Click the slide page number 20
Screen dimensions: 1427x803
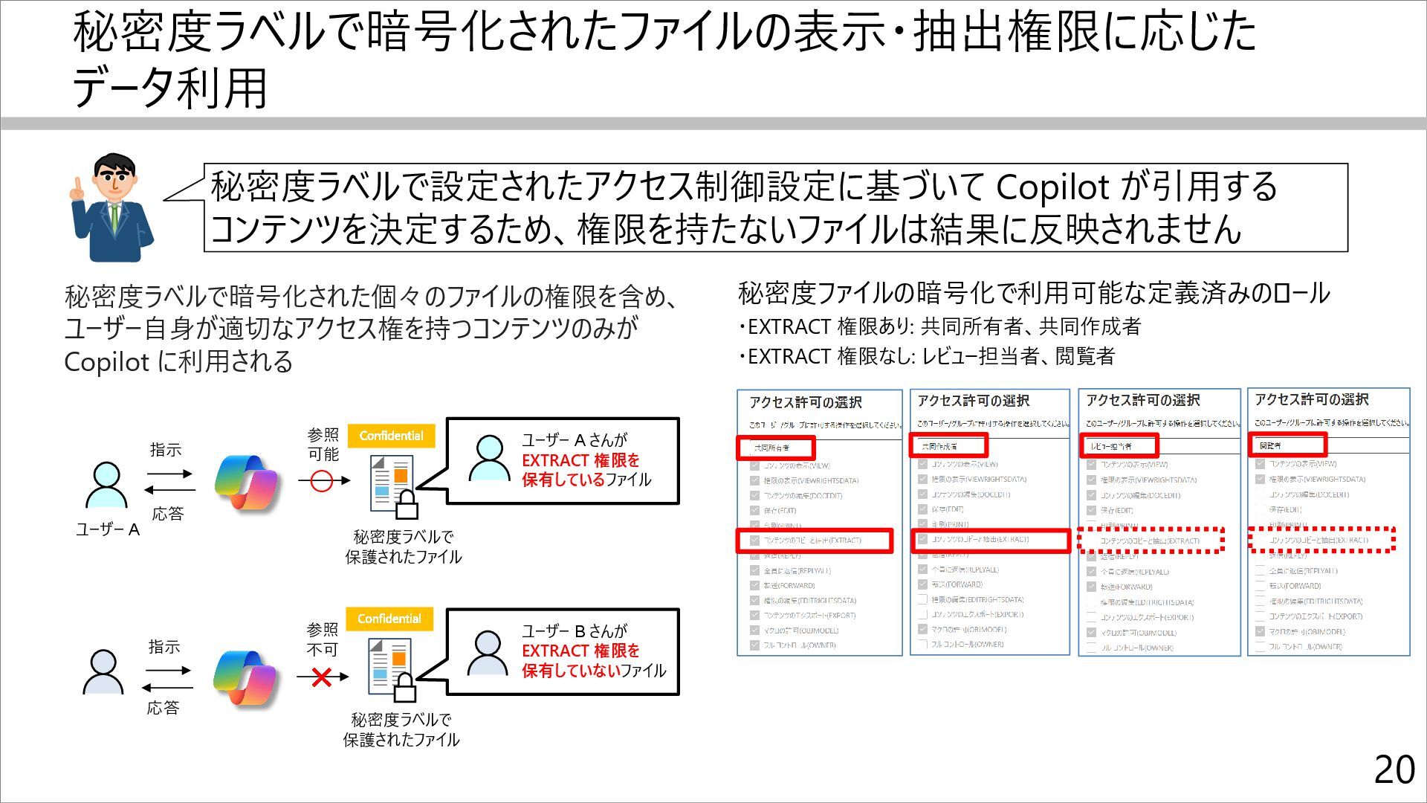tap(1394, 770)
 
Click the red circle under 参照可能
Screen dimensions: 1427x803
tap(321, 481)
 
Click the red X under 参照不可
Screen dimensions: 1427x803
tap(321, 677)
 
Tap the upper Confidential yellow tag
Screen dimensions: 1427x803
tap(391, 436)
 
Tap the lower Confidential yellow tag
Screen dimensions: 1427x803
tap(389, 619)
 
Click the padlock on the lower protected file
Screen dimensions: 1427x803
tap(404, 688)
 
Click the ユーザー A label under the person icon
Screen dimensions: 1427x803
tap(108, 529)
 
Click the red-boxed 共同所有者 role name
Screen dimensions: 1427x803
tap(775, 448)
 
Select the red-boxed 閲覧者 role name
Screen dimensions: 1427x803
tap(1286, 445)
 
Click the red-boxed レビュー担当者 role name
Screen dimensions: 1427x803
tap(1118, 446)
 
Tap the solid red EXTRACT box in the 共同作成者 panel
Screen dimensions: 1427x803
tap(989, 540)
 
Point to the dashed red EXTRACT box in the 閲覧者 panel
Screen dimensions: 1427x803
tap(1321, 540)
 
